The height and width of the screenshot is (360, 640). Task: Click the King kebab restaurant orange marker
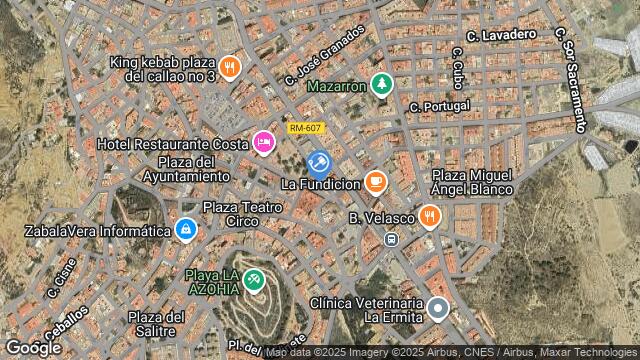point(230,67)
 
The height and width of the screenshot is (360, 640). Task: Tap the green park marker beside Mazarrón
point(380,85)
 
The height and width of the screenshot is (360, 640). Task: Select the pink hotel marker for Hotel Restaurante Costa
point(263,143)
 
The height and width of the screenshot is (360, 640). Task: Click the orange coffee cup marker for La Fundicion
point(375,182)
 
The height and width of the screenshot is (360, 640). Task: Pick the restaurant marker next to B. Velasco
point(429,216)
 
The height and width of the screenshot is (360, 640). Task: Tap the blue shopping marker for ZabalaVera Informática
point(185,230)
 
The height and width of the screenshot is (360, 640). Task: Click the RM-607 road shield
point(304,128)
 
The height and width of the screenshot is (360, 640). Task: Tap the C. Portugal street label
point(439,106)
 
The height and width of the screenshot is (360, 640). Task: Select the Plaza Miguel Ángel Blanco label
point(472,182)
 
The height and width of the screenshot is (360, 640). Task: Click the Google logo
point(33,347)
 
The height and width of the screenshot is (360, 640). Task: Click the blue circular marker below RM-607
point(319,162)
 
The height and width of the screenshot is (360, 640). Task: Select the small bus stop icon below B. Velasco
point(390,239)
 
